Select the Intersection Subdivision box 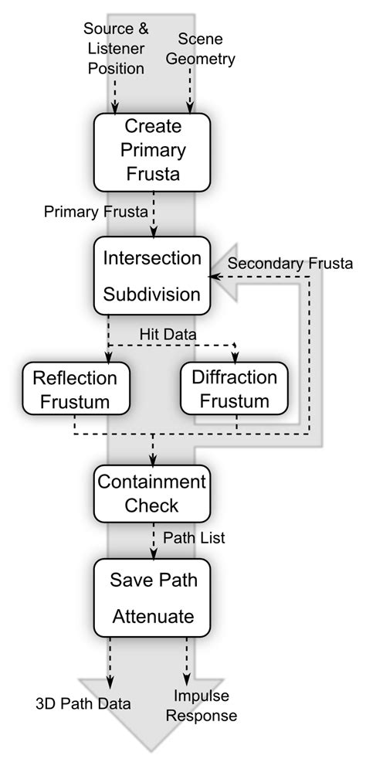point(152,275)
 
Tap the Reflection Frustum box point(75,390)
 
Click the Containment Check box point(152,493)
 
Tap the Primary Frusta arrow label point(95,211)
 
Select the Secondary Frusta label point(290,264)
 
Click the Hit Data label point(168,332)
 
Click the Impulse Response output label point(205,706)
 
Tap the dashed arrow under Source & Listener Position point(114,97)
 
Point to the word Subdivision point(152,294)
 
